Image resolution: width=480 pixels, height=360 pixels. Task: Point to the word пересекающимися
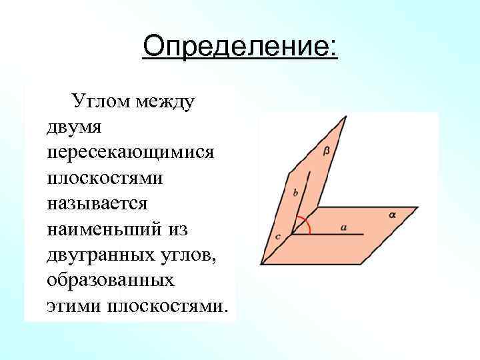point(131,152)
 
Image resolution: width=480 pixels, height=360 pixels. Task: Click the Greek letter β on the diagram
point(326,151)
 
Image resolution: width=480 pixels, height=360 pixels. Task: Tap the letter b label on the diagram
point(295,193)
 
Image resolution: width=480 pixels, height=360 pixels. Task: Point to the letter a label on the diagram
point(344,227)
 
